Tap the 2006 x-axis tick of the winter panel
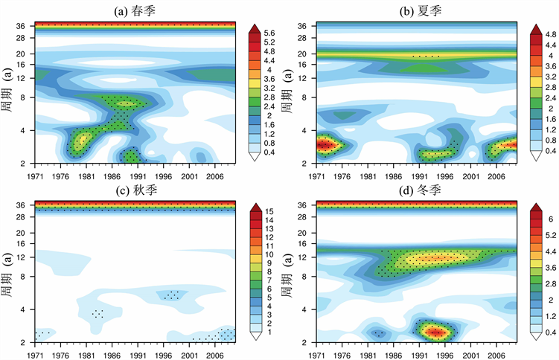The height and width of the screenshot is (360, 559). (498, 349)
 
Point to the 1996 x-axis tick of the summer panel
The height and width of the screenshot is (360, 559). (447, 170)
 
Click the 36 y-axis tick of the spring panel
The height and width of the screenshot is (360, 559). (22, 26)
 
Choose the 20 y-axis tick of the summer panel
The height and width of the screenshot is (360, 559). (302, 54)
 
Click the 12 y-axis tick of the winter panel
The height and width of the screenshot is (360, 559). (302, 257)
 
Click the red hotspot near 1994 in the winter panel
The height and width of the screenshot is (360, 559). (434, 330)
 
